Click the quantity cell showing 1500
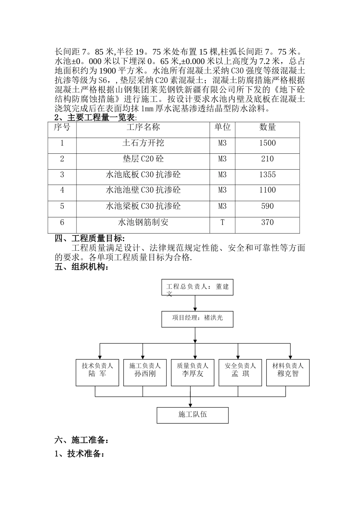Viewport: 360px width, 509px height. [x=267, y=143]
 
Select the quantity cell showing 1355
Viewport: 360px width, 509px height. [x=267, y=175]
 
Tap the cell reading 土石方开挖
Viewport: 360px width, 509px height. [x=143, y=143]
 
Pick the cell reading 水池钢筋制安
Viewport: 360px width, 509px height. [x=143, y=222]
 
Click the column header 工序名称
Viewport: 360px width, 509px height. [x=143, y=127]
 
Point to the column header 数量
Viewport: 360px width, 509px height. [x=267, y=127]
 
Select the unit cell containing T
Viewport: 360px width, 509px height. [x=222, y=222]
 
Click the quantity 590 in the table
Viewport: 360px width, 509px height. [x=267, y=206]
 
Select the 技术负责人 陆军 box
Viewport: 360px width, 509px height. [x=97, y=373]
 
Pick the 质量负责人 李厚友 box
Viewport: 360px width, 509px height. [x=193, y=373]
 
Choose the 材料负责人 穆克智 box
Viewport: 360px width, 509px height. [x=288, y=373]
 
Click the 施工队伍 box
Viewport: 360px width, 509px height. [x=193, y=415]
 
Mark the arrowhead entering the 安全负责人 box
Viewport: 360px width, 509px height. [x=238, y=357]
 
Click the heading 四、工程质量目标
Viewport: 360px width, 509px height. [x=89, y=239]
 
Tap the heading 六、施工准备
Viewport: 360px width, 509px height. [x=82, y=440]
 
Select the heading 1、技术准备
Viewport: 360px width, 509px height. [x=80, y=453]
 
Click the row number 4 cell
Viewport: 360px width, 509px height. [x=62, y=190]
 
